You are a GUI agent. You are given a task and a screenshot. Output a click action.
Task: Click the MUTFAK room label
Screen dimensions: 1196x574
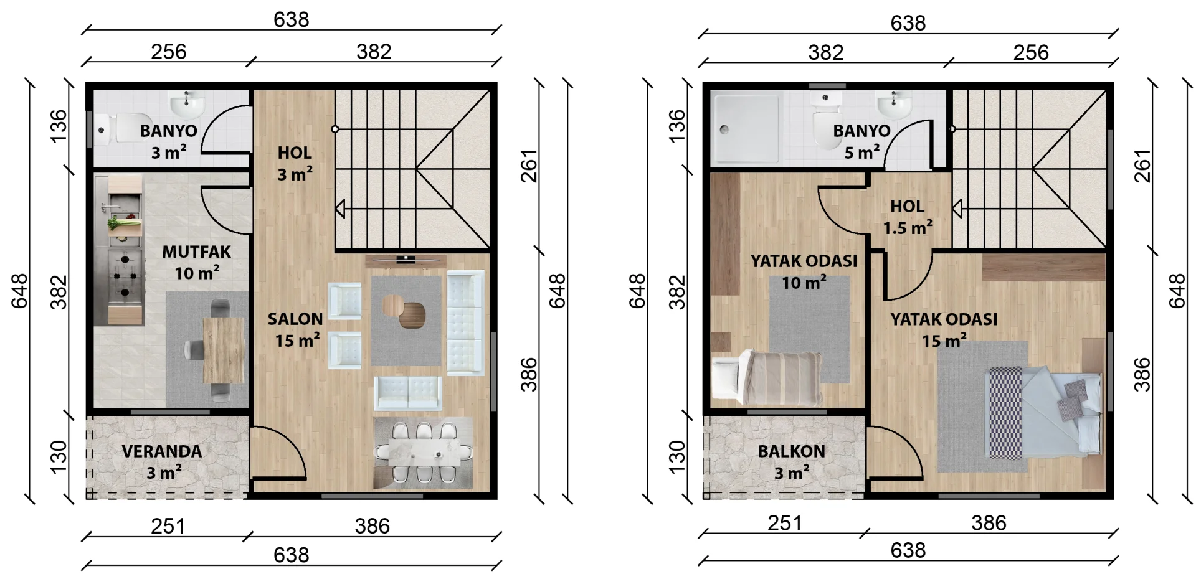point(196,252)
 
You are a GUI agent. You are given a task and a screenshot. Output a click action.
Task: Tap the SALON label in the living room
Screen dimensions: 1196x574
point(295,319)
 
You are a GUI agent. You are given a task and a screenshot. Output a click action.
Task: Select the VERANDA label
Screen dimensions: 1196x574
point(162,451)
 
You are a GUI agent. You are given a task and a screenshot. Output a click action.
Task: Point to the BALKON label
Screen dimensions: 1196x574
point(791,451)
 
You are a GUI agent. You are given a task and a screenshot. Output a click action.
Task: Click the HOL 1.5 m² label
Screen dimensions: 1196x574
point(908,217)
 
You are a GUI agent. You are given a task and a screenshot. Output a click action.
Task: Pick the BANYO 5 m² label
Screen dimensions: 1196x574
point(862,141)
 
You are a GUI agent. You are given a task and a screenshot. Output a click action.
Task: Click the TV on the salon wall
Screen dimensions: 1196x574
point(406,259)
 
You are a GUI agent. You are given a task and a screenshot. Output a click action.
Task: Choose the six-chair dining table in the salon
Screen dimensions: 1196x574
point(424,453)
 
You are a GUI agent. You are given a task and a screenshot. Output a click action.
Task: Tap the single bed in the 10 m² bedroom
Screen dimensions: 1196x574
point(767,379)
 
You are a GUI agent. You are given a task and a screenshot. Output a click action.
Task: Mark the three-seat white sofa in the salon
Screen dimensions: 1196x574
point(465,322)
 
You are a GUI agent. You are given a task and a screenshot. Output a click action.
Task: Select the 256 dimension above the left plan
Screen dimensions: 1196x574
point(169,51)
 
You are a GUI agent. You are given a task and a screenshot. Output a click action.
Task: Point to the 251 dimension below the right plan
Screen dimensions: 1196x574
point(785,523)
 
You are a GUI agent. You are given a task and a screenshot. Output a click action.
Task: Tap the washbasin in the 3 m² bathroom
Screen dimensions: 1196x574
point(187,105)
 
